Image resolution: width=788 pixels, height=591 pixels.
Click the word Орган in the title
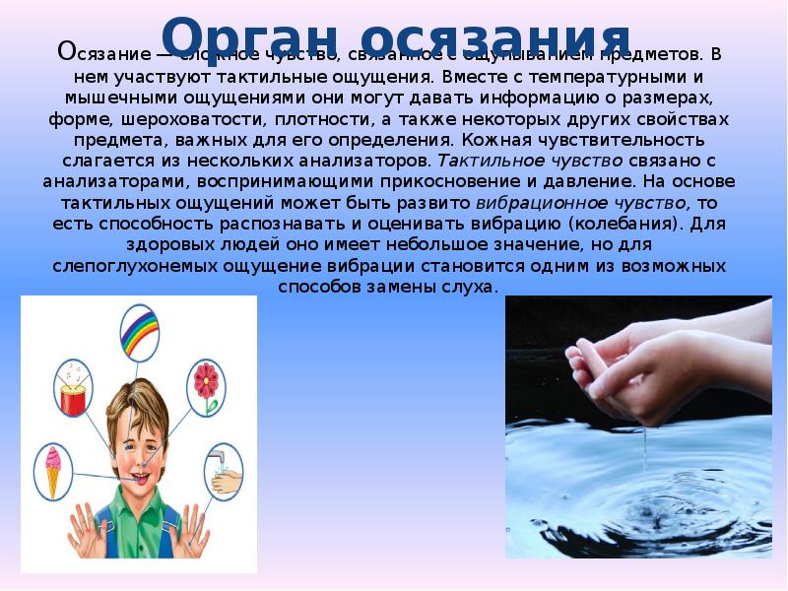point(234,36)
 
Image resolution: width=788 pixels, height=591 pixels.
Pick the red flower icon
point(206,381)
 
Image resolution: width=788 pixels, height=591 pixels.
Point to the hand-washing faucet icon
point(223,471)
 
